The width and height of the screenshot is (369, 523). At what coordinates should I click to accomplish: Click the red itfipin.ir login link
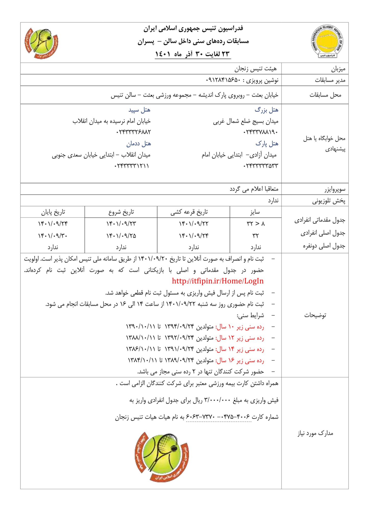pos(218,281)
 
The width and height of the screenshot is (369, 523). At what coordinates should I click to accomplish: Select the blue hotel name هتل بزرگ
pos(266,110)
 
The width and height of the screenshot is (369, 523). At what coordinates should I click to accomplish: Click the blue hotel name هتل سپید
pos(139,110)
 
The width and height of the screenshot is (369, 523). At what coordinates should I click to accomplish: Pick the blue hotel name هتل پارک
pos(267,144)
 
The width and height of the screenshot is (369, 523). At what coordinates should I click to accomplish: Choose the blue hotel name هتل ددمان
pos(138,144)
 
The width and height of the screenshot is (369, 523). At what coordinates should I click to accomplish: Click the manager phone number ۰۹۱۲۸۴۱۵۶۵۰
pos(223,80)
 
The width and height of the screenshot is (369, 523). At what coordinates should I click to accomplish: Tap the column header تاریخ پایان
pos(53,212)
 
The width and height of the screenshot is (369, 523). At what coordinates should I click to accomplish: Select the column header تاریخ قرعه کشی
pos(189,212)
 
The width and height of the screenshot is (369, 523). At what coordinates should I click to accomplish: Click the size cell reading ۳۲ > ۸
pos(256,224)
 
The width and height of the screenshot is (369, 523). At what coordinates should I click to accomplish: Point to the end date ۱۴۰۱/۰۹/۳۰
pos(53,235)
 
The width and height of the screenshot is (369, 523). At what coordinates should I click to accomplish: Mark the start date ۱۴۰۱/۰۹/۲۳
pos(121,224)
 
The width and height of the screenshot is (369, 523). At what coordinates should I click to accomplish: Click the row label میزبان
pos(338,69)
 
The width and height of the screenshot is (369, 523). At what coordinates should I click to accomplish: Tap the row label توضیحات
pos(315,315)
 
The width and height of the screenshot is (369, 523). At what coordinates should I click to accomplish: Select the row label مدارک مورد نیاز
pos(315,433)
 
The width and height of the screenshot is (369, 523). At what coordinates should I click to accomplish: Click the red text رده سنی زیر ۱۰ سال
pos(240,327)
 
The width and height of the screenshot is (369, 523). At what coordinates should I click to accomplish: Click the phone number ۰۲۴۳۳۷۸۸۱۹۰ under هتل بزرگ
pos(260,132)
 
